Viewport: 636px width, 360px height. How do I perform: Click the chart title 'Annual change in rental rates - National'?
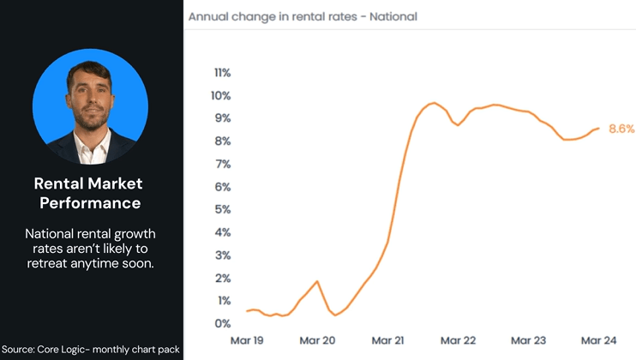(x=303, y=16)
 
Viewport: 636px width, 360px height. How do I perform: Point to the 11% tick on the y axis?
(x=221, y=72)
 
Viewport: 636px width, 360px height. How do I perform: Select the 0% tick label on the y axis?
(x=222, y=323)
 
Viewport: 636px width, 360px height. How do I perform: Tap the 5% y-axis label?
(x=222, y=209)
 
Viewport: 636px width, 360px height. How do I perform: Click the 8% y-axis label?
(x=222, y=141)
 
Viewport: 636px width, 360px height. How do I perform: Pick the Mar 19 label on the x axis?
(x=248, y=340)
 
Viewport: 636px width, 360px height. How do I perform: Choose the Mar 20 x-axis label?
(x=317, y=340)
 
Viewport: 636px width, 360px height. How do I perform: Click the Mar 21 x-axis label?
(x=387, y=340)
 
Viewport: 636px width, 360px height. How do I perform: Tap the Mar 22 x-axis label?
(x=457, y=340)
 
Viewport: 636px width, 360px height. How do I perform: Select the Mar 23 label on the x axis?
(x=527, y=340)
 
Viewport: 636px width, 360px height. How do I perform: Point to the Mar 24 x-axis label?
(x=597, y=340)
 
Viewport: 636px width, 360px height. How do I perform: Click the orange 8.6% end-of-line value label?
(x=621, y=129)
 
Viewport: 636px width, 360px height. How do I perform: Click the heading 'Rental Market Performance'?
(x=88, y=193)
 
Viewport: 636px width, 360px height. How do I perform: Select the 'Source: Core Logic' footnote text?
(x=89, y=349)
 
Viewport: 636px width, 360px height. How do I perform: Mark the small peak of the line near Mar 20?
(x=317, y=281)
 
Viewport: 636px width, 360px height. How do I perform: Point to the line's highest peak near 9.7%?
(x=435, y=103)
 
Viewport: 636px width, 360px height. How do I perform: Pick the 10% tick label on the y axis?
(x=221, y=95)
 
